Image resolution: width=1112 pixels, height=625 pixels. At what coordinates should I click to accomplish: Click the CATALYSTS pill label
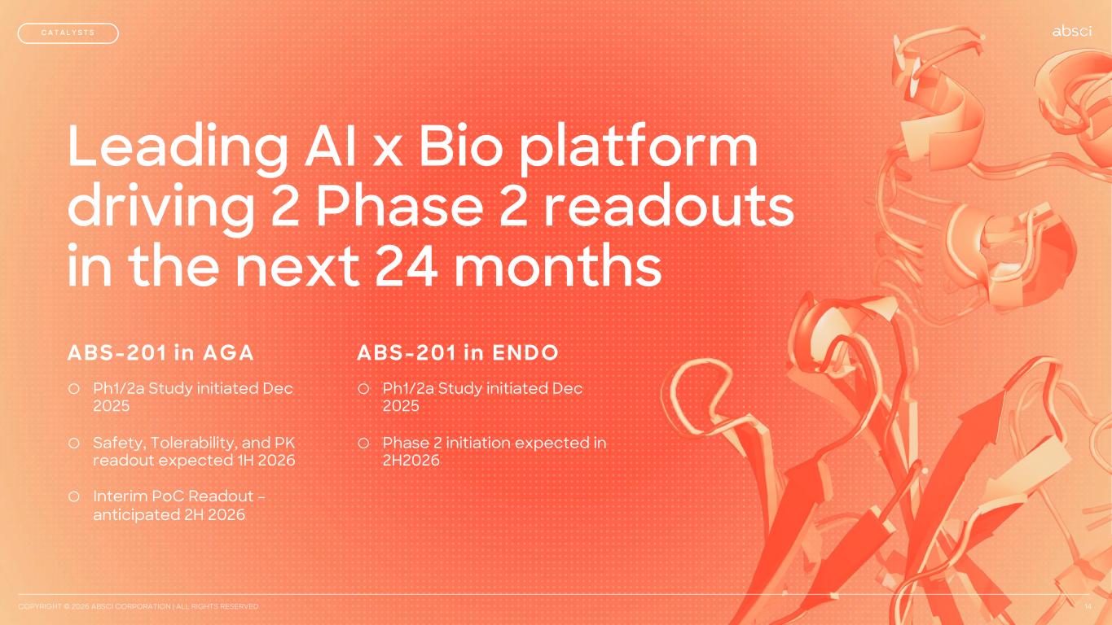click(68, 33)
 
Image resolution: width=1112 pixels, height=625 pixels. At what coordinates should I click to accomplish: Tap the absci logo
click(1072, 31)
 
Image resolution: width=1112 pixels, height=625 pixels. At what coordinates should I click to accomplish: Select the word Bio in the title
click(461, 146)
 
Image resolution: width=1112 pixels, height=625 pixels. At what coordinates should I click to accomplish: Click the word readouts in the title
click(669, 206)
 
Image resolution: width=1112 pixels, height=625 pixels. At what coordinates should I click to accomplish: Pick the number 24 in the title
click(406, 266)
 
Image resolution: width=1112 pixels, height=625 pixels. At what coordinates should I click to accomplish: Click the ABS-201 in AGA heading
click(160, 353)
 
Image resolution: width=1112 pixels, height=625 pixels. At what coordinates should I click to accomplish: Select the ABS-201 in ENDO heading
click(458, 353)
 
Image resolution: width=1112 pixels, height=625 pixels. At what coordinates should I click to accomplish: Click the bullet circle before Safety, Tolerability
click(74, 443)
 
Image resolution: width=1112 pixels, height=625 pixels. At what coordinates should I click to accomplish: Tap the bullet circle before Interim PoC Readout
click(74, 496)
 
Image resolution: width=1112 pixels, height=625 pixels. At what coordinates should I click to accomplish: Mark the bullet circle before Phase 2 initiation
click(363, 443)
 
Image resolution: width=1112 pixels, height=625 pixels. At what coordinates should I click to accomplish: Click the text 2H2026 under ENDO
click(411, 461)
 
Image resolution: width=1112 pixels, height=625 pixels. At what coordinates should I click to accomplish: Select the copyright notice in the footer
click(138, 606)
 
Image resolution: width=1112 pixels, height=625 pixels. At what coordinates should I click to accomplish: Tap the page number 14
click(1088, 606)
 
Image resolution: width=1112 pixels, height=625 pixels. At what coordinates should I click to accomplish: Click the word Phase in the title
click(399, 206)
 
